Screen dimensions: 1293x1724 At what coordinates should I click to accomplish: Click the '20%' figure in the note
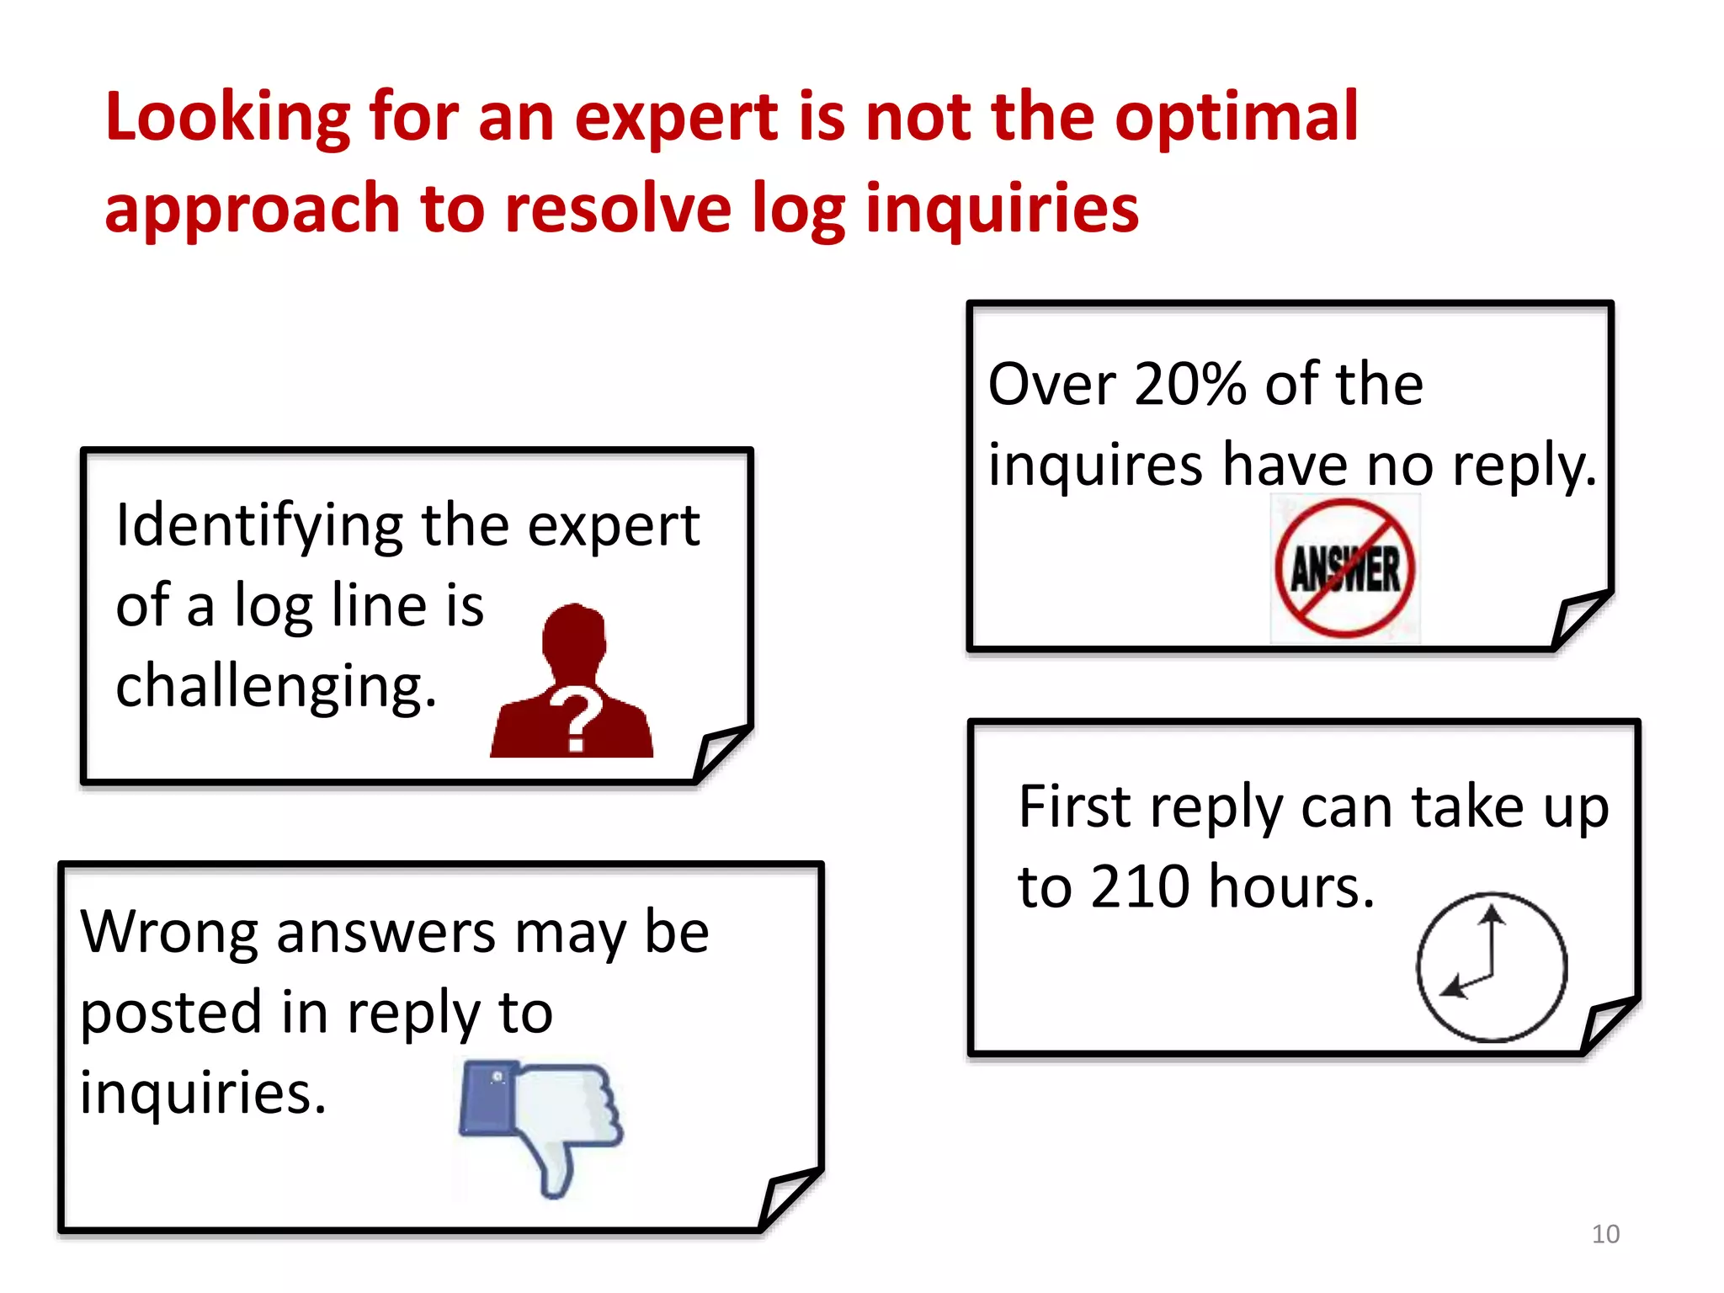tap(1189, 385)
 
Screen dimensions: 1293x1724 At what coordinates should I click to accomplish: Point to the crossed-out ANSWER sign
tap(1344, 568)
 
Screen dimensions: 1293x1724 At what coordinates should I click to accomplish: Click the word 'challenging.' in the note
tap(276, 686)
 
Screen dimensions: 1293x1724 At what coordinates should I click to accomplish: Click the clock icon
tap(1491, 966)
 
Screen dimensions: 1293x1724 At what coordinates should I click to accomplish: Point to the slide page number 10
tap(1605, 1234)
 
